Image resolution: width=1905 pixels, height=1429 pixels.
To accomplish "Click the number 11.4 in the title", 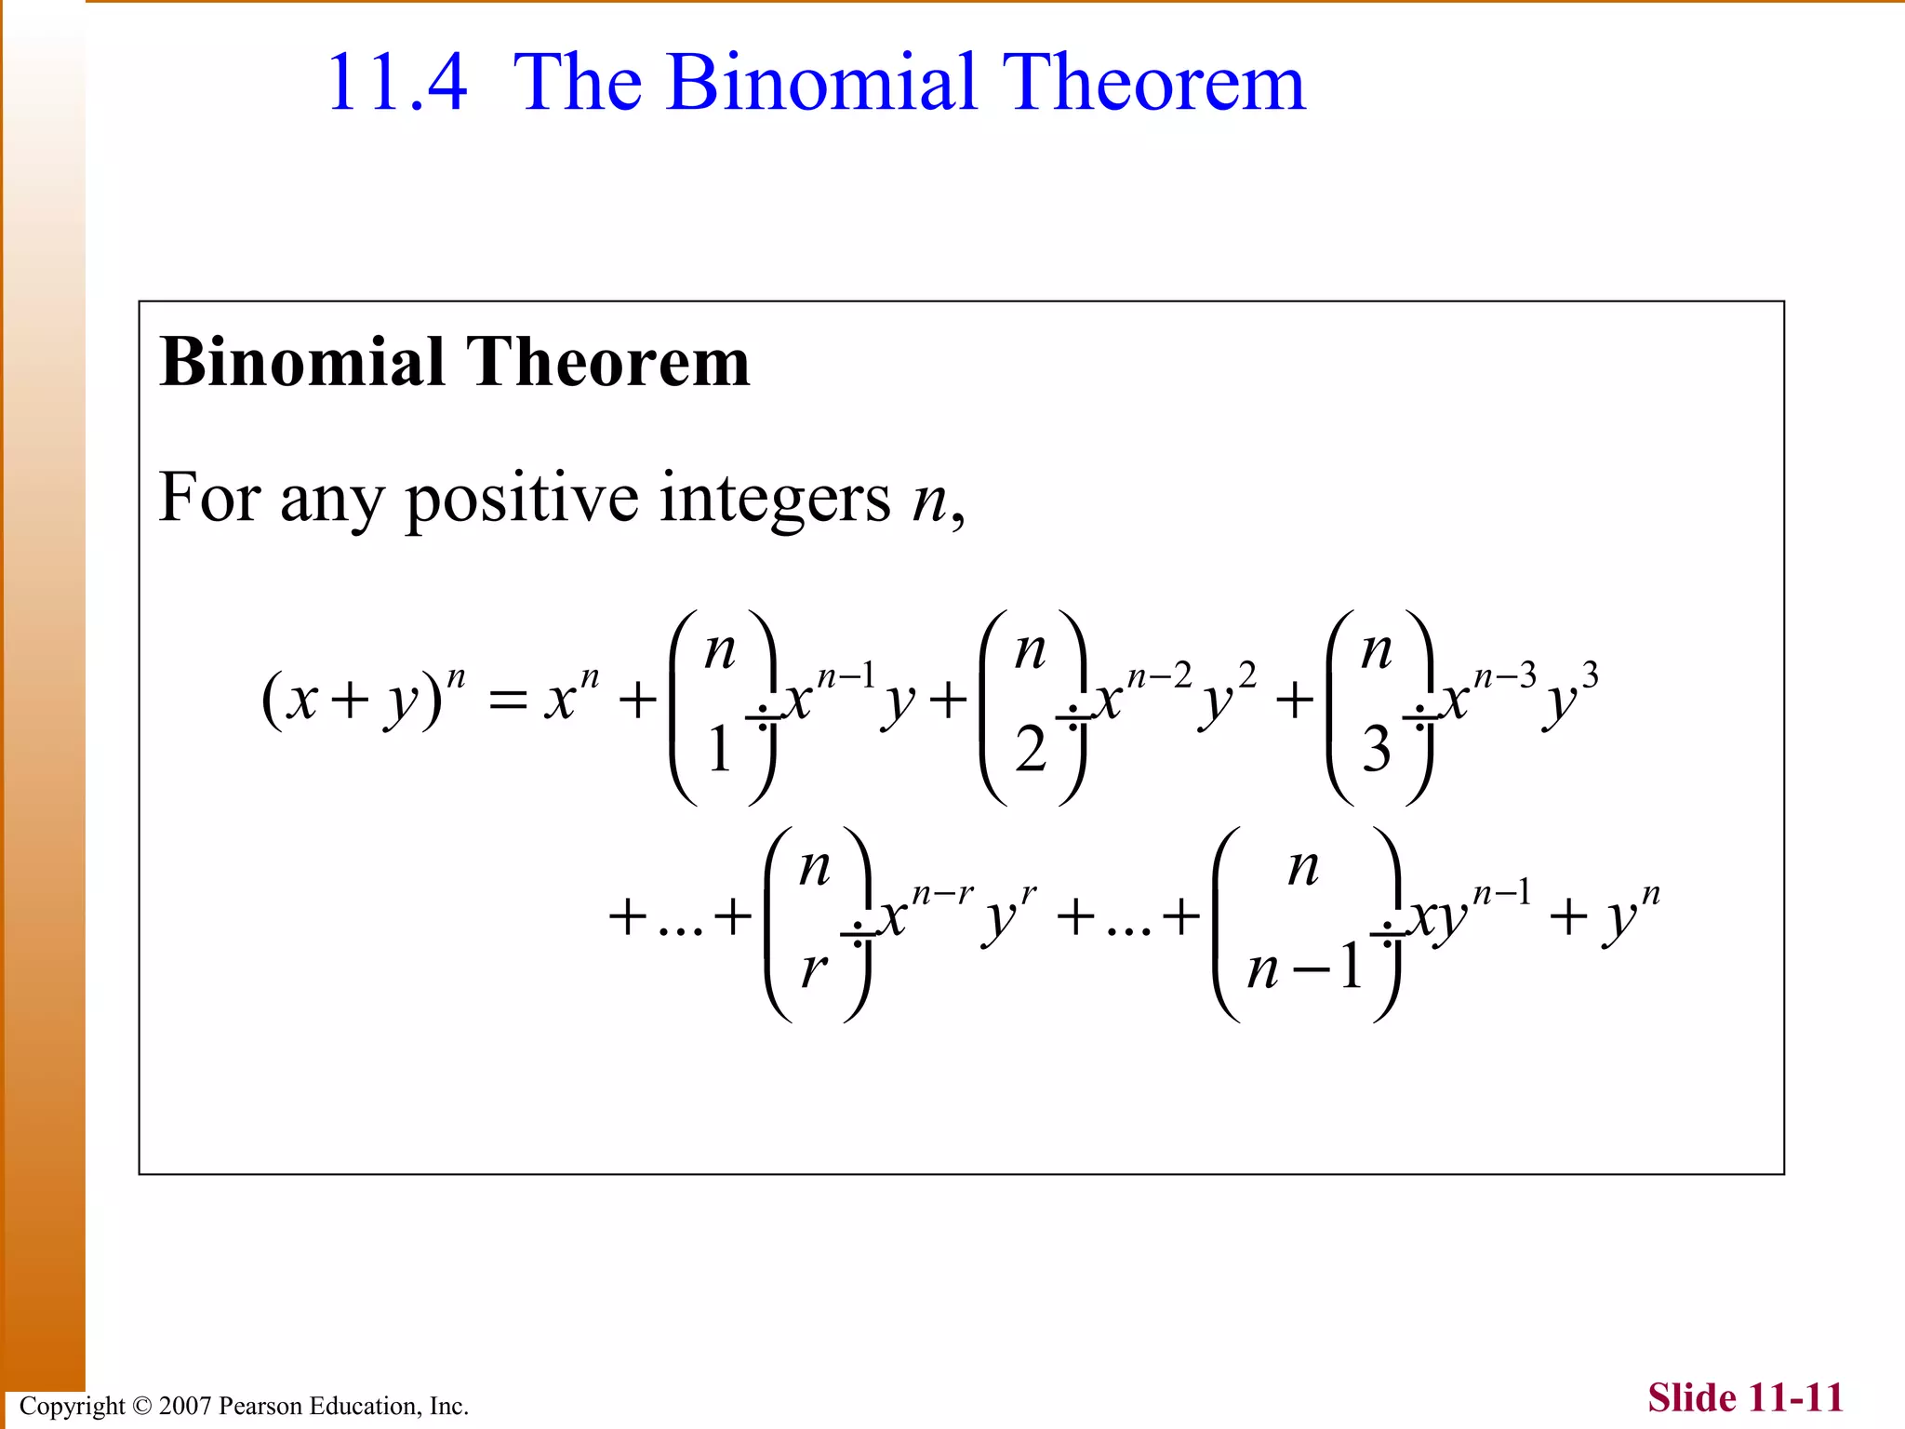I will tap(397, 84).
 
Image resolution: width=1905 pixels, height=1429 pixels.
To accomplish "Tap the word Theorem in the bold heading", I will tap(606, 363).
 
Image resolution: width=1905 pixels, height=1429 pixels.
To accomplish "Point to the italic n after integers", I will tap(928, 502).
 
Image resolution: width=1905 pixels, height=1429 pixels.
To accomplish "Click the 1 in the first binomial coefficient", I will tap(719, 750).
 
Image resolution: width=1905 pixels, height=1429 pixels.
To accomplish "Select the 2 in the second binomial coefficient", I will tap(1031, 750).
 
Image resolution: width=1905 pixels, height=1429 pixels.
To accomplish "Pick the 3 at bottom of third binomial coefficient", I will tap(1377, 750).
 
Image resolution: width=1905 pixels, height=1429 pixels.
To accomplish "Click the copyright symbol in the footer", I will tap(140, 1406).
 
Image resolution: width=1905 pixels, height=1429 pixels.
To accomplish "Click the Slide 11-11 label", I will tap(1745, 1398).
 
